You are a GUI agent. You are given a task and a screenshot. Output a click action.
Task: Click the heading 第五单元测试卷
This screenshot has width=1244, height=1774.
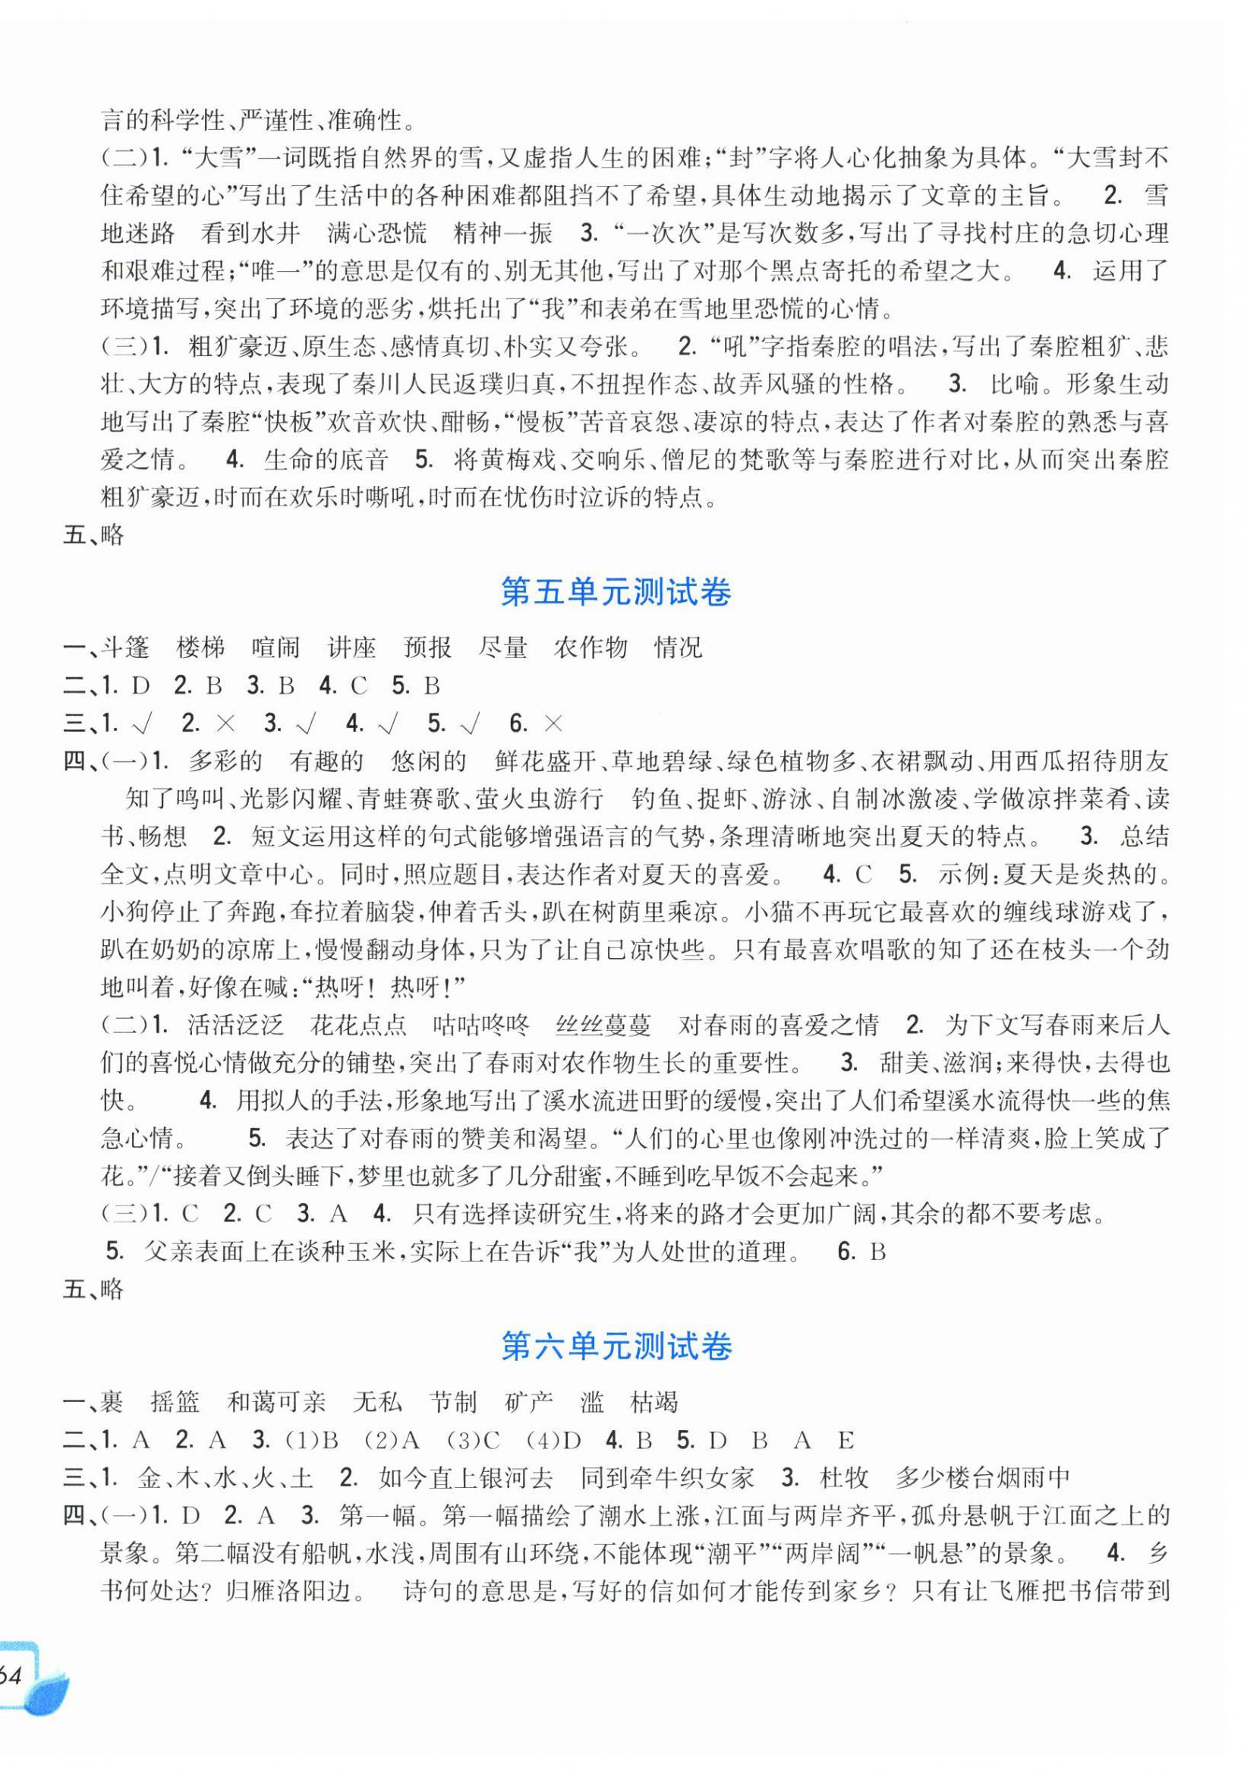click(615, 594)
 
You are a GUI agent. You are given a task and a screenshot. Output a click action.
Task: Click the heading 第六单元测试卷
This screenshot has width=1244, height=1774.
click(615, 1347)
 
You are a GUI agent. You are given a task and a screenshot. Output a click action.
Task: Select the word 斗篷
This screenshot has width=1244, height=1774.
click(125, 648)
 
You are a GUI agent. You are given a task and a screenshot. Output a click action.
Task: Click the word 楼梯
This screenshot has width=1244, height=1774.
click(201, 648)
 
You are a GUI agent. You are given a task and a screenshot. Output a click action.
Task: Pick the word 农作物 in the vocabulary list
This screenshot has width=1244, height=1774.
click(591, 648)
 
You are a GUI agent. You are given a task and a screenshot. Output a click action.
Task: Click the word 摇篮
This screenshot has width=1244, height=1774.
click(175, 1401)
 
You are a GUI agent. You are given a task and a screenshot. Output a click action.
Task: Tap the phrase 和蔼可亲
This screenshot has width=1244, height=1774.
click(276, 1401)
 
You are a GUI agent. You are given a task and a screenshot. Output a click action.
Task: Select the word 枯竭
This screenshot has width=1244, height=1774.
click(653, 1401)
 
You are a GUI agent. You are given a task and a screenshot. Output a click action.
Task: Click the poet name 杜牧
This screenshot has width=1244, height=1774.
click(845, 1477)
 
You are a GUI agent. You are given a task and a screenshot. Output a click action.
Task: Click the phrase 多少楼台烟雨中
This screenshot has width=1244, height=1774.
click(983, 1477)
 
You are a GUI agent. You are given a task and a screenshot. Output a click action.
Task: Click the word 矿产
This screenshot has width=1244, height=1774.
click(529, 1401)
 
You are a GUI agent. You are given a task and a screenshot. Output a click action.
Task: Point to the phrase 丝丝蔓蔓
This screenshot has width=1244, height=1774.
click(604, 1026)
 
